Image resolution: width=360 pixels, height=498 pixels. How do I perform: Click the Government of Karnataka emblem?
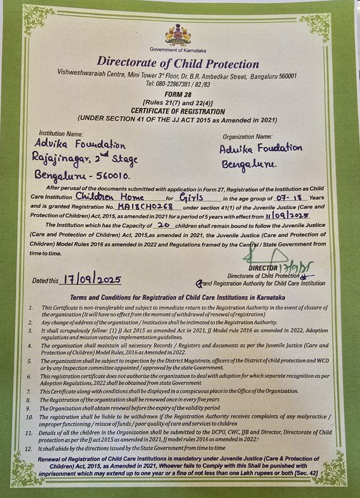178,34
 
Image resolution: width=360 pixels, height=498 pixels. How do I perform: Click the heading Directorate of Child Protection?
178,64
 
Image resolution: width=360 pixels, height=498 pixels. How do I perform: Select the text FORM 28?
177,93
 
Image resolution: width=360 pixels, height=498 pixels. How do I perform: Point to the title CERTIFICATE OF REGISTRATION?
178,111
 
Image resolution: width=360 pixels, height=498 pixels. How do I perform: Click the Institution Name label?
61,134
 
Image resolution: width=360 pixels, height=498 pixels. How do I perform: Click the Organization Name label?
248,137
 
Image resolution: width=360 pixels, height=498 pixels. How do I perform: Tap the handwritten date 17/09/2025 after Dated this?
90,280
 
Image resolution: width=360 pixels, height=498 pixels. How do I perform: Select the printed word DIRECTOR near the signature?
263,268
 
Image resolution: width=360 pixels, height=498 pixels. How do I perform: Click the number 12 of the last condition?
29,449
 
